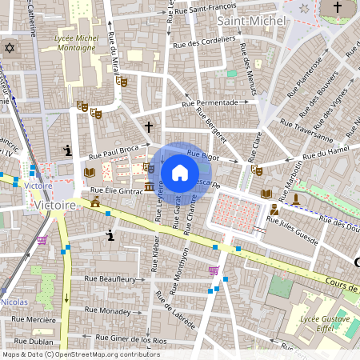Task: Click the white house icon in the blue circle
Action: [180, 172]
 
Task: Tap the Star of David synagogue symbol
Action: [10, 48]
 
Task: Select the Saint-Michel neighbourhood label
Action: [248, 20]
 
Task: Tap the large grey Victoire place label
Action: [55, 206]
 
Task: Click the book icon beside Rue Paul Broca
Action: [90, 172]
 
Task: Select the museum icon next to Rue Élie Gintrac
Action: [150, 187]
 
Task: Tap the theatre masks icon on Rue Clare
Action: [256, 170]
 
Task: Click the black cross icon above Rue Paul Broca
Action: [148, 127]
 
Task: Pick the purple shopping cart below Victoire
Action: [42, 240]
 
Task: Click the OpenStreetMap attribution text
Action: [80, 354]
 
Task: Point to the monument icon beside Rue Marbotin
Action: [295, 198]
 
